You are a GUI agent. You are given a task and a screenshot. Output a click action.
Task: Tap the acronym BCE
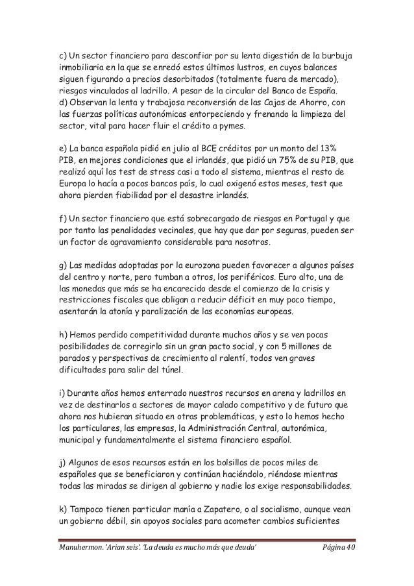point(192,149)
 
